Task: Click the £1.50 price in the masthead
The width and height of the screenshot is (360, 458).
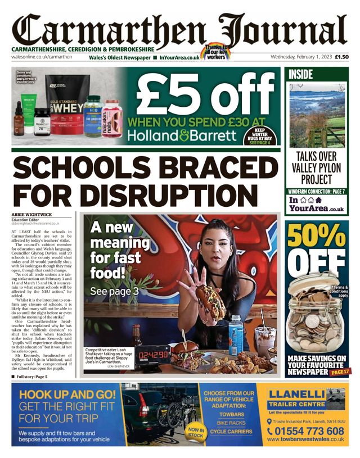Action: pos(341,57)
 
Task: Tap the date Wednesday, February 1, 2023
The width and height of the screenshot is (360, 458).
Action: pos(301,57)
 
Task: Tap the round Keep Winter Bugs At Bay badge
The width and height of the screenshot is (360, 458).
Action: pos(260,137)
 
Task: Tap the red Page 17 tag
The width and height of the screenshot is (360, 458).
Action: pos(339,372)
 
